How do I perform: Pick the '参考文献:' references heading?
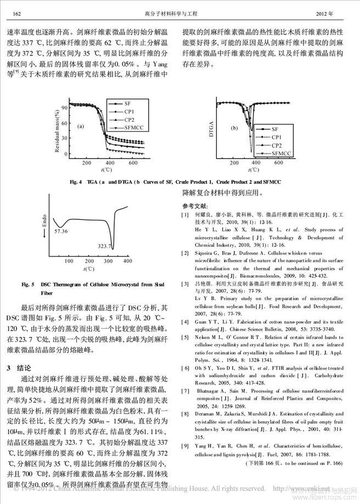[195, 205]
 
